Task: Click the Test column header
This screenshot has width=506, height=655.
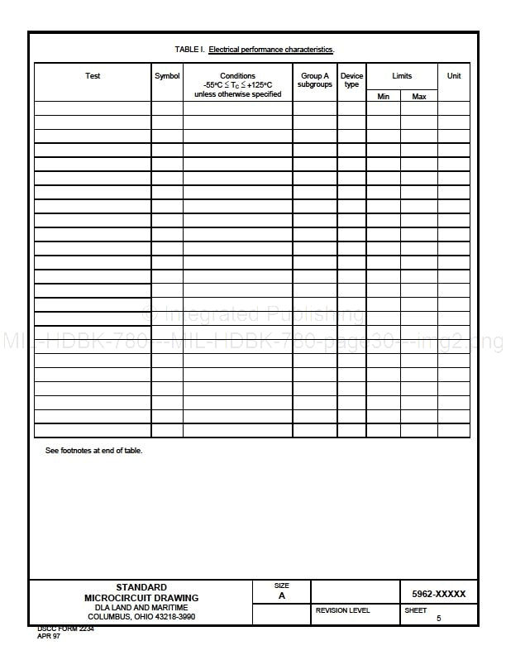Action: (x=93, y=76)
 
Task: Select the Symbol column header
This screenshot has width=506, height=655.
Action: (x=167, y=76)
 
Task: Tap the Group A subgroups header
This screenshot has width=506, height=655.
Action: (x=314, y=80)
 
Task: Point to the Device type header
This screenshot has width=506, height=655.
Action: (x=351, y=80)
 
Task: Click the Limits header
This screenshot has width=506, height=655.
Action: (x=402, y=76)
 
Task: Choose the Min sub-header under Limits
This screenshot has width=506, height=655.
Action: (x=384, y=97)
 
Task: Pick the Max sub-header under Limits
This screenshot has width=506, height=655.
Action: (x=419, y=97)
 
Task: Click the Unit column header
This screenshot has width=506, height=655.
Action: (x=454, y=76)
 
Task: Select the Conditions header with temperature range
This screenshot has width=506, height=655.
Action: (x=238, y=84)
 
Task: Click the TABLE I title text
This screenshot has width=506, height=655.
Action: (x=255, y=50)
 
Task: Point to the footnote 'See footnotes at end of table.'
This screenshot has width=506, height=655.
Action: (x=93, y=451)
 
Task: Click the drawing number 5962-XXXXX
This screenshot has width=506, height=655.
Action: (x=438, y=594)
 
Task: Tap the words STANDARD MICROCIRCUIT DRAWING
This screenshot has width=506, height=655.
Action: (x=141, y=592)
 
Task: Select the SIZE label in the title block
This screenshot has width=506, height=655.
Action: (x=282, y=586)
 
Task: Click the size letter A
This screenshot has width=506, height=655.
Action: (x=282, y=595)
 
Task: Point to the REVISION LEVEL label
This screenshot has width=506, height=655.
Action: (x=343, y=610)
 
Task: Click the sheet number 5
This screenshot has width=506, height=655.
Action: (x=438, y=619)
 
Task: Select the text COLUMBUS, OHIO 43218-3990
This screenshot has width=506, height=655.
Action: (x=141, y=617)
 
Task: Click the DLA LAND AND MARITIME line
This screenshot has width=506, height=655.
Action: (x=141, y=608)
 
